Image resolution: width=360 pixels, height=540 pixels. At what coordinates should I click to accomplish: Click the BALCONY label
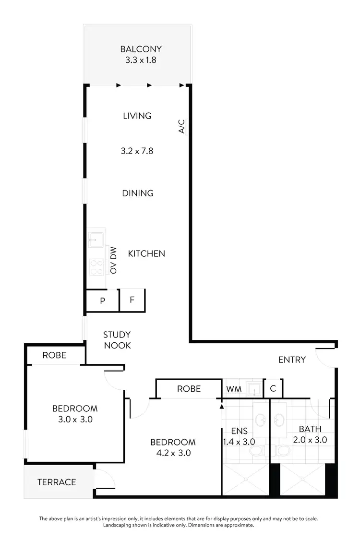(x=141, y=49)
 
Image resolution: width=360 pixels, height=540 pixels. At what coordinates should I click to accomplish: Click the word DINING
(x=138, y=193)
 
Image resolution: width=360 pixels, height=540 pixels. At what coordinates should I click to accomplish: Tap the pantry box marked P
(x=102, y=301)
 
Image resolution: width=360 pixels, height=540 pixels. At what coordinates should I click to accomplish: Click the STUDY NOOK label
(x=117, y=340)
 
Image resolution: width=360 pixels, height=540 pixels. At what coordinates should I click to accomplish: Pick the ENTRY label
(x=292, y=360)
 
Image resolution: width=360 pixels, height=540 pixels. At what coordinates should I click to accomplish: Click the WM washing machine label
(x=233, y=389)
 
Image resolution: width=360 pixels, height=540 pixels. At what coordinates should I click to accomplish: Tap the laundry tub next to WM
(x=252, y=388)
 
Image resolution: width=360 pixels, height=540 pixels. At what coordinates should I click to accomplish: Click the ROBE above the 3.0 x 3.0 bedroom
(x=54, y=356)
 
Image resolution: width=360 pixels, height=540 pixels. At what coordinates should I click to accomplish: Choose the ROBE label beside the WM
(x=189, y=389)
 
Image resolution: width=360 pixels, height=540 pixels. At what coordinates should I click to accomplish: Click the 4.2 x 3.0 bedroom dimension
(x=173, y=453)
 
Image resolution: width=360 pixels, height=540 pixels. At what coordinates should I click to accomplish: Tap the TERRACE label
(x=57, y=482)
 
